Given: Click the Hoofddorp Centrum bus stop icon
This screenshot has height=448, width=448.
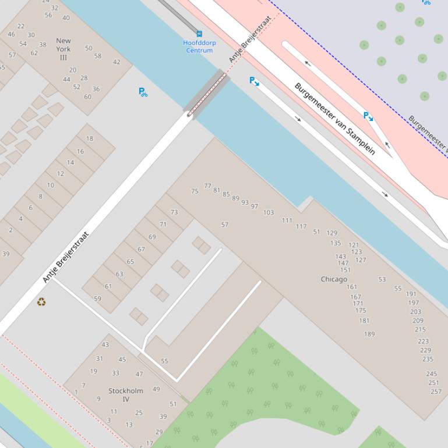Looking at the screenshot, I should point(199,34).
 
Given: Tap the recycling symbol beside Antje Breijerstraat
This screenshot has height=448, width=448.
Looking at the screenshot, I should point(41,301).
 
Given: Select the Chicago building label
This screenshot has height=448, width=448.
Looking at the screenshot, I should point(334,279).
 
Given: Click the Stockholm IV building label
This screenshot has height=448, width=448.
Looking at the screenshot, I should point(126,395).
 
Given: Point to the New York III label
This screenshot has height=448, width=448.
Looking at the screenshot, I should point(63,49).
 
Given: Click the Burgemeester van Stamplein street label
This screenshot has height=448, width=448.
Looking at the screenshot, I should point(334,119).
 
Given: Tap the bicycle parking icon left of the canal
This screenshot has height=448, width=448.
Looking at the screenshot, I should point(143,92).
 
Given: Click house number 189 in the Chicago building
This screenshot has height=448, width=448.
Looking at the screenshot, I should point(369,334).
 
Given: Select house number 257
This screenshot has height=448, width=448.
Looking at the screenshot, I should point(436,392).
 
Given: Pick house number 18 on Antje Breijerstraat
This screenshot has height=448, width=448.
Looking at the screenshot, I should point(89,138).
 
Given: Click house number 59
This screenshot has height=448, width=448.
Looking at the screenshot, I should point(97,298).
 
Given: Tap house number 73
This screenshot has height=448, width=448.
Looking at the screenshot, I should point(174,212).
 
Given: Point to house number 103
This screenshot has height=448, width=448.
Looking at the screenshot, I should point(268,212).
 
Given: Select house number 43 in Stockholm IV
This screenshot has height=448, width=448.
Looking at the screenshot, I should point(105,344).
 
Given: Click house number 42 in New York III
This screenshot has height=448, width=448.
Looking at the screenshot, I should point(117,62).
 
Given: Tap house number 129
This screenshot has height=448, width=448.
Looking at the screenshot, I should point(331,233).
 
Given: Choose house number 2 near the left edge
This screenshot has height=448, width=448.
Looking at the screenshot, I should point(10,230).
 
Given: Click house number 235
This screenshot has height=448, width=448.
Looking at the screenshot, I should point(428,359).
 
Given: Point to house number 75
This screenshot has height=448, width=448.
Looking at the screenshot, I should point(195,191).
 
